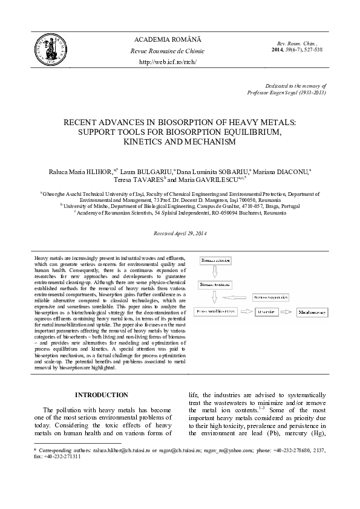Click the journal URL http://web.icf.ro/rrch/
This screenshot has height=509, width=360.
pyautogui.click(x=168, y=62)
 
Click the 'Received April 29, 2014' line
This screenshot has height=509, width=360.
pyautogui.click(x=180, y=233)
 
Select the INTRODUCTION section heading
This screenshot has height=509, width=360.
pyautogui.click(x=101, y=395)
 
